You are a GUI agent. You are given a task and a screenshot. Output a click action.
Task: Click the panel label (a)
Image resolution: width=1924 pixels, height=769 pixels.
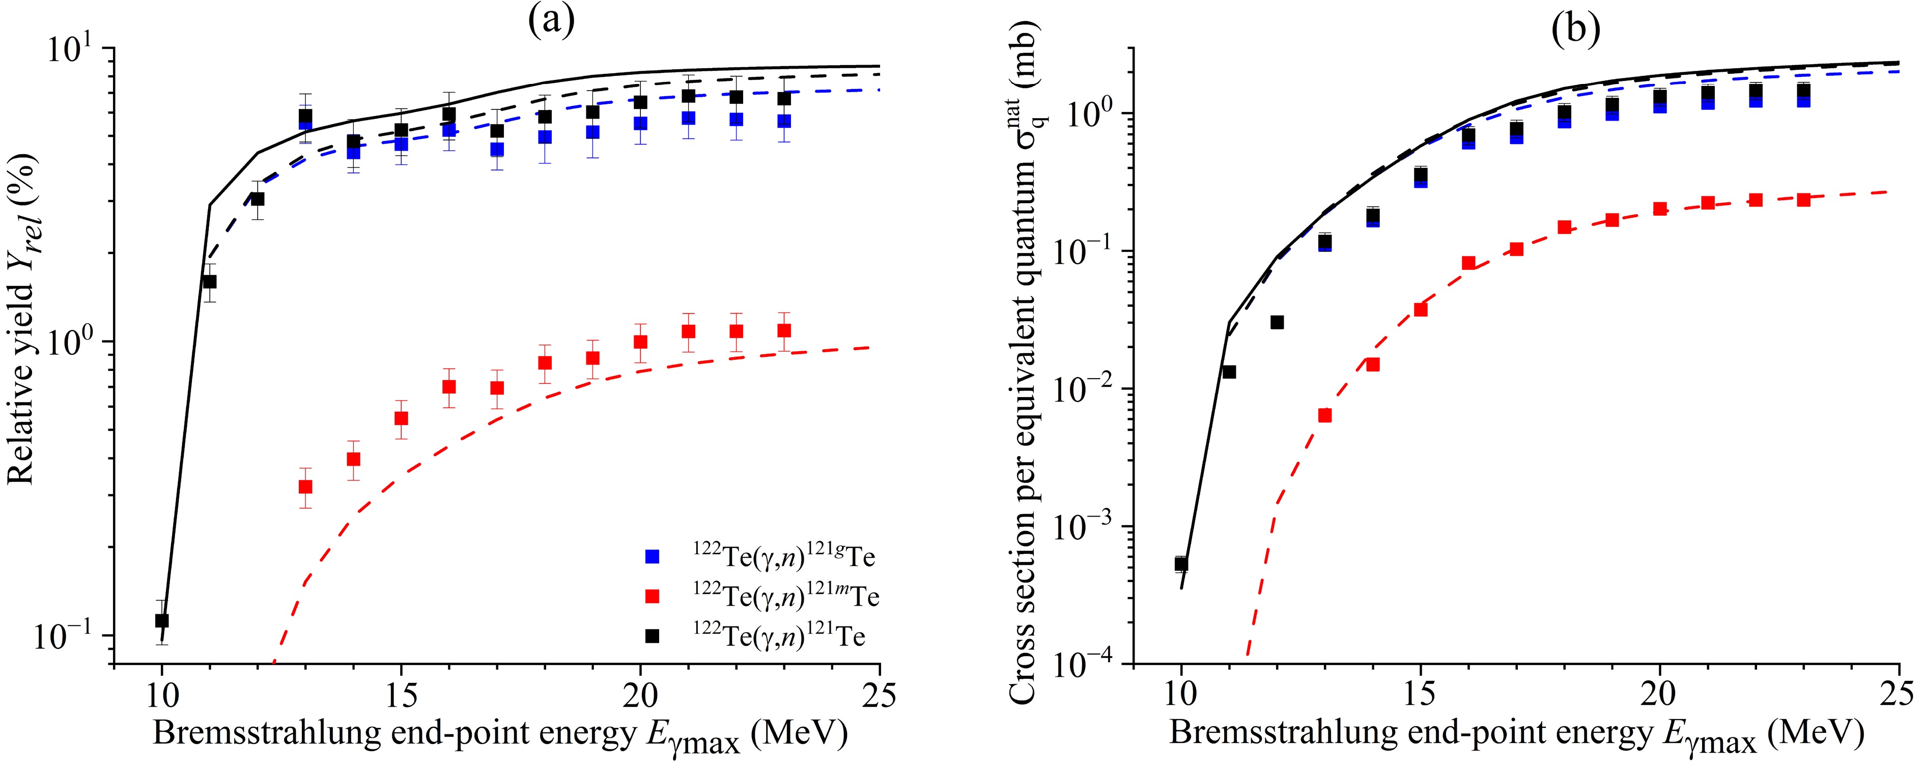point(551,22)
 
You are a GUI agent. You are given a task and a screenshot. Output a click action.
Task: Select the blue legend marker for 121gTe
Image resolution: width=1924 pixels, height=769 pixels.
point(653,556)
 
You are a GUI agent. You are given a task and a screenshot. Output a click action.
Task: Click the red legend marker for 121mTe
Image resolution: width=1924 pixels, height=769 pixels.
point(653,596)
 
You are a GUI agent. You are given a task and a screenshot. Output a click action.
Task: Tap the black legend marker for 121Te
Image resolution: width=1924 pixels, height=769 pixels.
point(653,636)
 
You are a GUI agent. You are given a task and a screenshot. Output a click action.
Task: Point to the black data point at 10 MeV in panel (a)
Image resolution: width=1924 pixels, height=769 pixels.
point(162,620)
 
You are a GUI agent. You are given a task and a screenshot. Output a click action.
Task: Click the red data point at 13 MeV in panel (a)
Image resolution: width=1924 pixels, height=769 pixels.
point(305,487)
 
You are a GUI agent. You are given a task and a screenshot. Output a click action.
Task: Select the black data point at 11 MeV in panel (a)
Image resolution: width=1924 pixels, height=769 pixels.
point(210,281)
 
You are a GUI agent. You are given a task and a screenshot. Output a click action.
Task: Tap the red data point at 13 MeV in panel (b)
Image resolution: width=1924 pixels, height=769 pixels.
point(1325,416)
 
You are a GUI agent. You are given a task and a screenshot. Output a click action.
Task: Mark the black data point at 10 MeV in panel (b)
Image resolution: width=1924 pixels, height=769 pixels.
point(1181,564)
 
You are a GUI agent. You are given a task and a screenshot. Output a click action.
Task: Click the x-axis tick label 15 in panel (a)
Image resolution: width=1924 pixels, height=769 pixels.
point(401,696)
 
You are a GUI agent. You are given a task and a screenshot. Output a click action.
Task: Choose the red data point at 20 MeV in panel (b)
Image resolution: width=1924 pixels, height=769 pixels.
point(1660,209)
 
